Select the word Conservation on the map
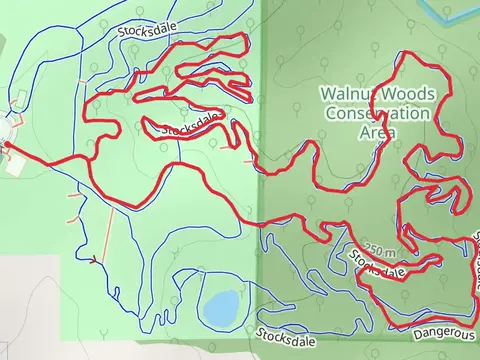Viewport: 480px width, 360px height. tap(377, 113)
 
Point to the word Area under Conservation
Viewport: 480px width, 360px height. tap(377, 132)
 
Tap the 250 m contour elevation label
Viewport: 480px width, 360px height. tap(379, 250)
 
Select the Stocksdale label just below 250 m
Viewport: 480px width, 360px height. tap(378, 266)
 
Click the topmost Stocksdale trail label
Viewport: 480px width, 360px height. tap(147, 33)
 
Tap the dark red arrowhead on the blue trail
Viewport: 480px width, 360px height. tap(94, 262)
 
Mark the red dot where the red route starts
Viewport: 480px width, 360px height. tap(5, 145)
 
